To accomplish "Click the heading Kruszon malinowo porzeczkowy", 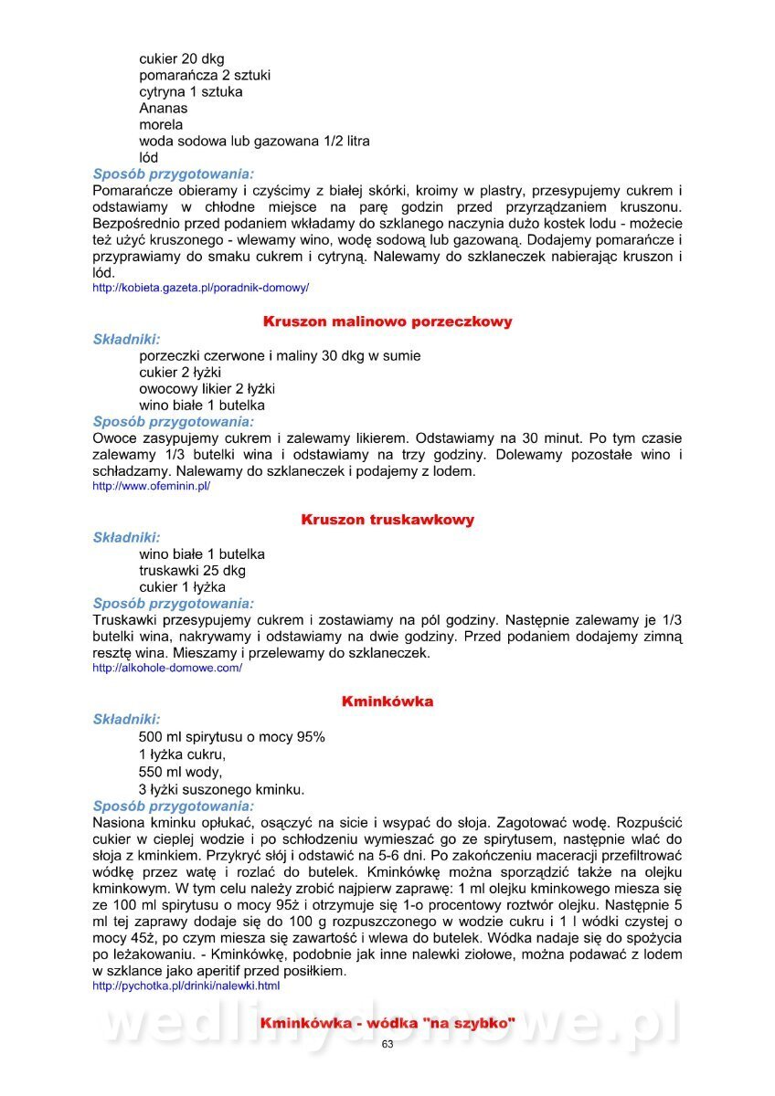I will (x=387, y=321).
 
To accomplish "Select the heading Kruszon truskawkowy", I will (x=387, y=520).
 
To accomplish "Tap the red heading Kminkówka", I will (x=387, y=701).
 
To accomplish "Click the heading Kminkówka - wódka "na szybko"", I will (x=387, y=1023).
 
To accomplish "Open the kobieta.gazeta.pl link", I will (x=201, y=288).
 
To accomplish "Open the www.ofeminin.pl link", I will (x=152, y=487).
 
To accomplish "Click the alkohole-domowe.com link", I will (x=167, y=668).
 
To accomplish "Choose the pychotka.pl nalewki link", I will (x=186, y=986).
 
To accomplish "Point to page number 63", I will (x=387, y=1045).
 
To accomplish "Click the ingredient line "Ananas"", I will (x=164, y=109).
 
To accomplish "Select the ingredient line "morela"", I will (x=161, y=125).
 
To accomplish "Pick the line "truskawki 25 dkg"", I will (x=192, y=571).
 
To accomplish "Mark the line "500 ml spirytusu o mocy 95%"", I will (x=232, y=737).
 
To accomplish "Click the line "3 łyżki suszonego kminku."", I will (x=222, y=789).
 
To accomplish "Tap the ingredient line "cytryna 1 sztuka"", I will (x=191, y=92).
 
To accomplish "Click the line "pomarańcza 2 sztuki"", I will (x=205, y=76).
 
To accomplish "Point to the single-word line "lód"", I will (x=149, y=158).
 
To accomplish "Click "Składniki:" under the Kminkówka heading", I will (x=127, y=720).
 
